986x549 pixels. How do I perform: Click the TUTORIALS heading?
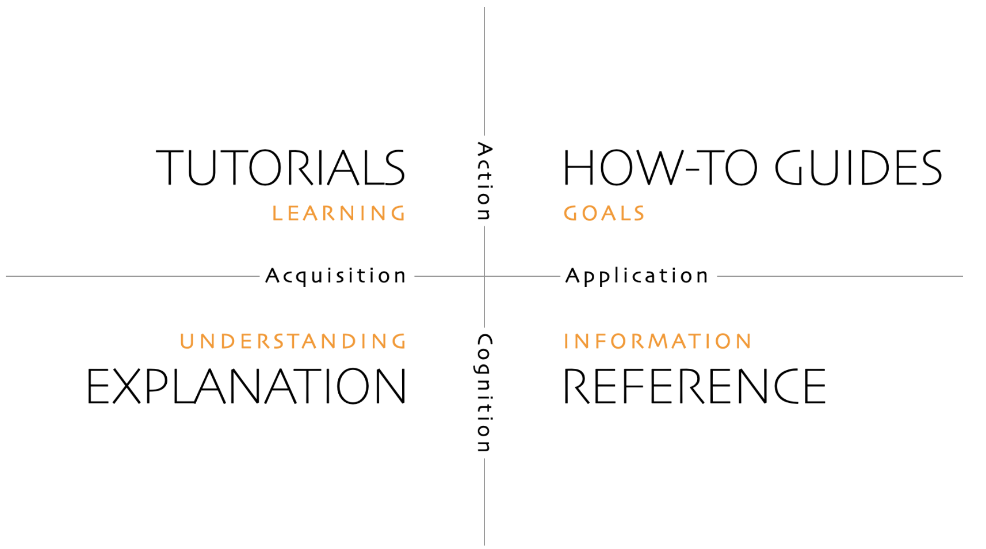coord(280,167)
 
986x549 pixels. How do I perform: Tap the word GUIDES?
coord(858,167)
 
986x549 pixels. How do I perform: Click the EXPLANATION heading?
coord(246,386)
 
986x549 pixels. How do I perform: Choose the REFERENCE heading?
coord(694,386)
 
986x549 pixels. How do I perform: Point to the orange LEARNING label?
coord(338,213)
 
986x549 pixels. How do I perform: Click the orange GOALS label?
coord(604,213)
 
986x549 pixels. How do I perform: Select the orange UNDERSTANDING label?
coord(293,342)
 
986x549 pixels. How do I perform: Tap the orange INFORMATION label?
coord(658,342)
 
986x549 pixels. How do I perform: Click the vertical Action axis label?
coord(484,181)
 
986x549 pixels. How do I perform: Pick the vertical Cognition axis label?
coord(484,393)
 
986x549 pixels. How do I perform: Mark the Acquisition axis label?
coord(335,276)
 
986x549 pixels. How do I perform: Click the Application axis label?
coord(637,276)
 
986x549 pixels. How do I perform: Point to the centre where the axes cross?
coord(484,276)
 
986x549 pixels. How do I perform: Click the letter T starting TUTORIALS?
coord(170,167)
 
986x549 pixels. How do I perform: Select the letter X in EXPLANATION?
coord(127,386)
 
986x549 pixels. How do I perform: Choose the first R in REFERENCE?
coord(576,386)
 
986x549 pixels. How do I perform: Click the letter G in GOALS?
coord(571,213)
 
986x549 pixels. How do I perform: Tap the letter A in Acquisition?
coord(273,276)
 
